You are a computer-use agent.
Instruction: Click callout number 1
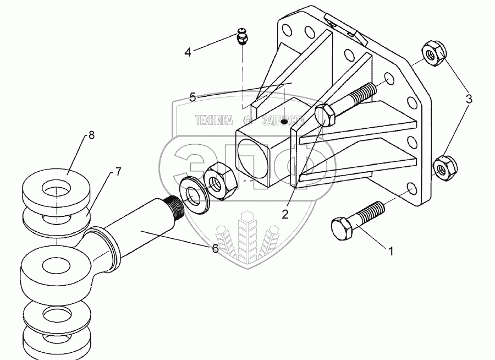391,252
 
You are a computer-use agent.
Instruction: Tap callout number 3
469,99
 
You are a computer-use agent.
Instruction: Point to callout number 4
188,52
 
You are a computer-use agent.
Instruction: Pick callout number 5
193,97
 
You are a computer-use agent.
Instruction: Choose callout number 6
215,249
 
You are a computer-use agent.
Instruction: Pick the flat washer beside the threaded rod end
193,193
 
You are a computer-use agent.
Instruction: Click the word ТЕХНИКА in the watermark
214,119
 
